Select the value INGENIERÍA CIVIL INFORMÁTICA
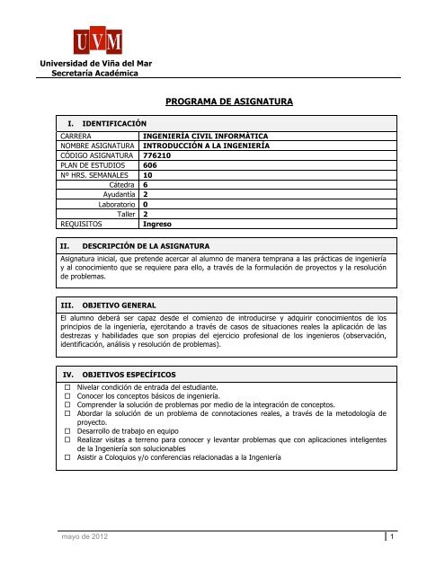(206, 135)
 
